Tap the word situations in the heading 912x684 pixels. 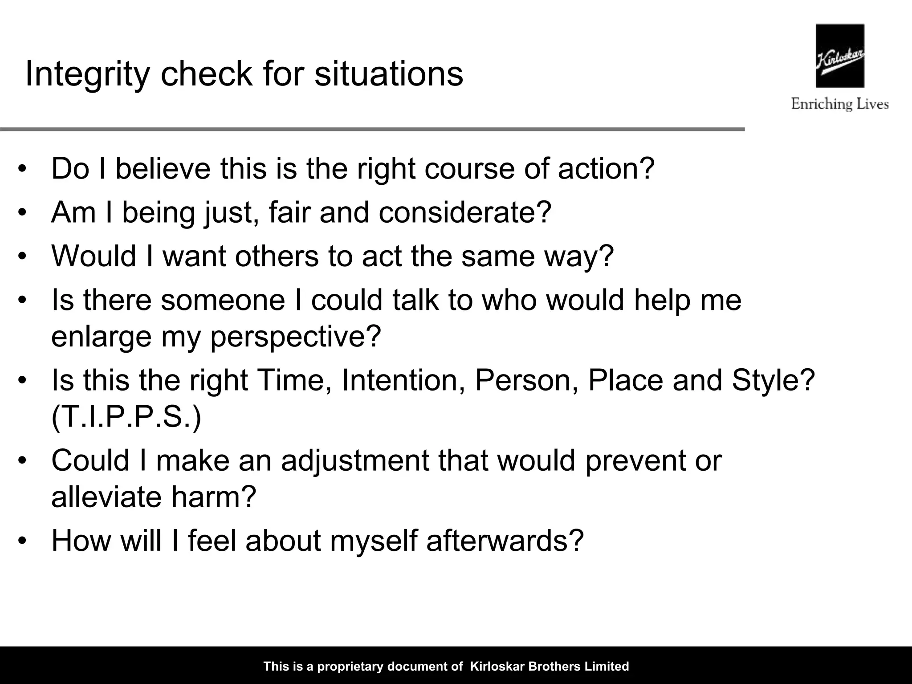pos(388,74)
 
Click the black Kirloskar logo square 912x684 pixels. pos(840,56)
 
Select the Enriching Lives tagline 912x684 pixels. pos(840,104)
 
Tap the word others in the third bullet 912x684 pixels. pos(277,256)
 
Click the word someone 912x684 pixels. pos(223,300)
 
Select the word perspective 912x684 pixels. pos(296,337)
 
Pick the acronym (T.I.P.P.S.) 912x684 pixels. pos(126,417)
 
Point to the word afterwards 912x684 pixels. pos(505,541)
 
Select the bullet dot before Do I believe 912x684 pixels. pos(23,169)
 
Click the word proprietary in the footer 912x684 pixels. pos(350,667)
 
